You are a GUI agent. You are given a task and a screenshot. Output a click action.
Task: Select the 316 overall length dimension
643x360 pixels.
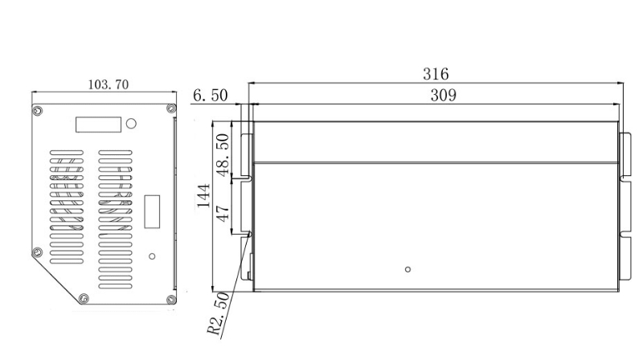tap(436, 74)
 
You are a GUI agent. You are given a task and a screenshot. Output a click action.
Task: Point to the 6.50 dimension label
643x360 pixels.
tap(210, 96)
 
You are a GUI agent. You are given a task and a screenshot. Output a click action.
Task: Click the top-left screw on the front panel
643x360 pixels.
tap(37, 109)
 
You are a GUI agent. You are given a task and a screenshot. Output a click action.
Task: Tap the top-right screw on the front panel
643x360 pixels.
tap(169, 108)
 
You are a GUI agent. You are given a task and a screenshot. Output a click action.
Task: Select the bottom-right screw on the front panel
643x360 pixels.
tap(169, 300)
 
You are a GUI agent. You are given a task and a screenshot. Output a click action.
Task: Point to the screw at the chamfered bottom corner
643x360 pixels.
tap(84, 300)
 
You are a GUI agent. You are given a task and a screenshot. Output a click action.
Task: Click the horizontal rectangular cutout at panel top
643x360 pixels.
tap(98, 125)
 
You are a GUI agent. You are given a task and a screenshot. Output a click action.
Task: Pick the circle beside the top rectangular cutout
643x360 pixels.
tap(132, 124)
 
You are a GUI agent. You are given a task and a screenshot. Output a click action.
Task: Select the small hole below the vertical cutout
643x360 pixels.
tap(152, 256)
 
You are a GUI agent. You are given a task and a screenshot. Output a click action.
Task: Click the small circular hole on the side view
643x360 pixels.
tap(408, 268)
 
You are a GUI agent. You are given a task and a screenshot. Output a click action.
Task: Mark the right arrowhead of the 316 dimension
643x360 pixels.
tap(621, 82)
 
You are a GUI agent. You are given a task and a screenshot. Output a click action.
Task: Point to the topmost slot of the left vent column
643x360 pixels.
tap(66, 151)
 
